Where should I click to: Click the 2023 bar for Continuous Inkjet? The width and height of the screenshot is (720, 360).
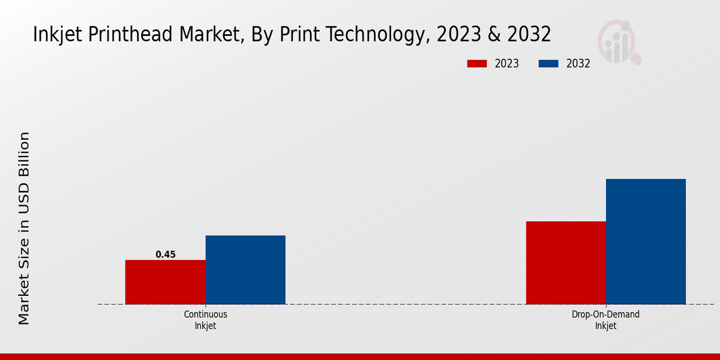(165, 282)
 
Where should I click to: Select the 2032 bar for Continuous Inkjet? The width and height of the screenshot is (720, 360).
(245, 269)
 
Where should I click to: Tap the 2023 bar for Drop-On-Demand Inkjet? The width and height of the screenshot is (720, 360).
(566, 263)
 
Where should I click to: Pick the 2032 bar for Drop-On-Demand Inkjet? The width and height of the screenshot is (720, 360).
(646, 241)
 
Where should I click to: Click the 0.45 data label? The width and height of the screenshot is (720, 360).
(166, 254)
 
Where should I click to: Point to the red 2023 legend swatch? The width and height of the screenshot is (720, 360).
(478, 64)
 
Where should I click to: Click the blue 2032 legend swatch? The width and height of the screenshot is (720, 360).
(549, 64)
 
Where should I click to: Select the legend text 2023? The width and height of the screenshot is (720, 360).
(507, 64)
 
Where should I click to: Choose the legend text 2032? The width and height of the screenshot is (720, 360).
(578, 64)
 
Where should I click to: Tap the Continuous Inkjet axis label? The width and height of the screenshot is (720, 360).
(205, 320)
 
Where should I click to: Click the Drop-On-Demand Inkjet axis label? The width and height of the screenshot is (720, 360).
(605, 320)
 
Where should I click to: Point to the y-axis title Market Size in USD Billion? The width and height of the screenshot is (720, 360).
(24, 228)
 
